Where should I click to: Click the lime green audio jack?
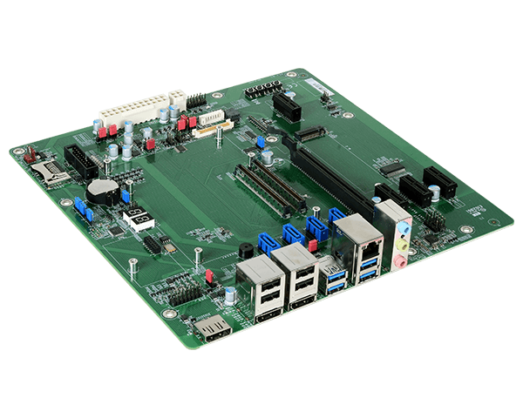tap(401, 246)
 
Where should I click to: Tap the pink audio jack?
tap(398, 260)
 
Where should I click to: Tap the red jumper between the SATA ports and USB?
tap(312, 246)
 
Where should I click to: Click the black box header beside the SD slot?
tap(82, 160)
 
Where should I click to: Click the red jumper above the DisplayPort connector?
tap(209, 277)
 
